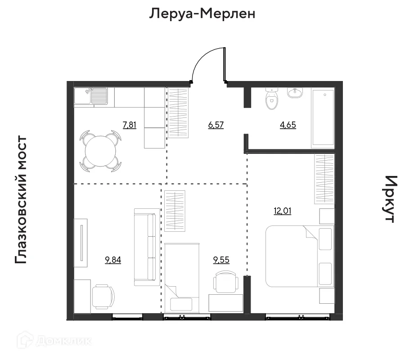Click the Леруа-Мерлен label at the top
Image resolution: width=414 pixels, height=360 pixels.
point(202,14)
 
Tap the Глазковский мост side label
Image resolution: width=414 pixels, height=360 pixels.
point(22,200)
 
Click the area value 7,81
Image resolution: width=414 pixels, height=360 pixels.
point(130,125)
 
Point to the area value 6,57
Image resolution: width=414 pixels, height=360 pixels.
point(216,125)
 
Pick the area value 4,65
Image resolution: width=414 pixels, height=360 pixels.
point(288,125)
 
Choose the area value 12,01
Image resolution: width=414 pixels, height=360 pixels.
point(282,211)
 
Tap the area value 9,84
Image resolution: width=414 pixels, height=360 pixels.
point(113,260)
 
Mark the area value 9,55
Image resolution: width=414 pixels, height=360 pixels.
point(220,260)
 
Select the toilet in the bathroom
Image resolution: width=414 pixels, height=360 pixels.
point(271,100)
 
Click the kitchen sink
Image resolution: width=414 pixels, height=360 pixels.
point(99,96)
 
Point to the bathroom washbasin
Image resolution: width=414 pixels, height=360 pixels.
point(295,93)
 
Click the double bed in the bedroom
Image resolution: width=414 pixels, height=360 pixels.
point(297,256)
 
